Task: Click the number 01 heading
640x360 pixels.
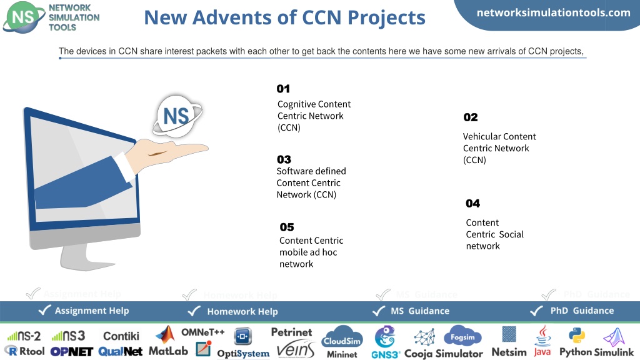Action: click(x=283, y=89)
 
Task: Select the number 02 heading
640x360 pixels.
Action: click(x=470, y=117)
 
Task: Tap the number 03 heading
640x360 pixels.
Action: click(x=284, y=159)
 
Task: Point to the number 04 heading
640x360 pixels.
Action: click(x=472, y=203)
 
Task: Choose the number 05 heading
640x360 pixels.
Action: click(x=287, y=227)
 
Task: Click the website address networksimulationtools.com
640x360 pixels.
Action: click(x=554, y=12)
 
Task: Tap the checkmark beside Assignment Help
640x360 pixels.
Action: click(x=44, y=310)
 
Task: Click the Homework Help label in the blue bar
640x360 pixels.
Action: click(x=242, y=311)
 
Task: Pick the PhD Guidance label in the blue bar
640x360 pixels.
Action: click(x=582, y=311)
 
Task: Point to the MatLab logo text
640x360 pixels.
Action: click(x=168, y=351)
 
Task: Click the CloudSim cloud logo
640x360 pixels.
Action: click(x=342, y=337)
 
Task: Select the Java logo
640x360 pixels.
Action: click(x=542, y=341)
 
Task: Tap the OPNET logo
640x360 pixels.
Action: click(x=72, y=351)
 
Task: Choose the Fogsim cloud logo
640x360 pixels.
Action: click(x=462, y=336)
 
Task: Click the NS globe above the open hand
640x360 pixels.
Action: click(x=177, y=116)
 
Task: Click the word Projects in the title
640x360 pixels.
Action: click(x=386, y=18)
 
